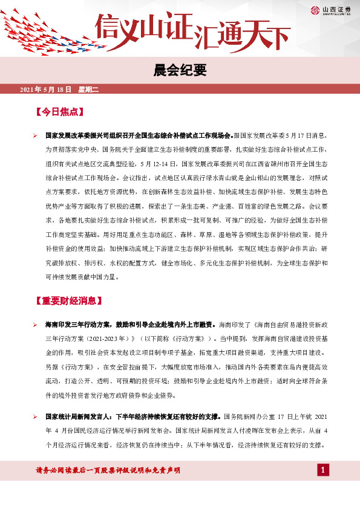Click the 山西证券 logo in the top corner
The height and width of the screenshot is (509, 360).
[331, 8]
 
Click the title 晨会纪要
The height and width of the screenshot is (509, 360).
[180, 70]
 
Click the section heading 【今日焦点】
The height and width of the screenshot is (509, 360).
[59, 113]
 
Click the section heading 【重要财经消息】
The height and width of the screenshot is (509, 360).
[72, 300]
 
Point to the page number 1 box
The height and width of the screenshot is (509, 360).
[324, 470]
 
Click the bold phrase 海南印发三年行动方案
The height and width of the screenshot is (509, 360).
[87, 325]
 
